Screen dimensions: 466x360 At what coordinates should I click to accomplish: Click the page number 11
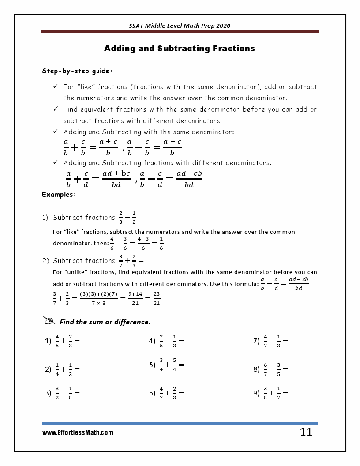(x=306, y=432)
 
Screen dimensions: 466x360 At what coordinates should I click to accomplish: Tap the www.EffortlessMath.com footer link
(x=78, y=433)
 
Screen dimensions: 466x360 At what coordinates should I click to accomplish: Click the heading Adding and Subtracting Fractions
(x=179, y=49)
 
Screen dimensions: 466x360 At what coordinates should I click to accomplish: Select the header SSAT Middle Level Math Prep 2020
(x=180, y=26)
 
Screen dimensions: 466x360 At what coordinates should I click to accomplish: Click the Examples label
(x=59, y=194)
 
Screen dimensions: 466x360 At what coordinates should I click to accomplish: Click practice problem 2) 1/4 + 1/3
(x=62, y=369)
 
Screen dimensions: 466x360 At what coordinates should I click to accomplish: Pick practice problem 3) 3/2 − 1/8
(x=62, y=393)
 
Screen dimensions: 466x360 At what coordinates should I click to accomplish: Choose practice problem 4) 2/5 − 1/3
(x=166, y=341)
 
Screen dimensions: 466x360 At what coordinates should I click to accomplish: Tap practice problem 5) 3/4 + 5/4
(x=166, y=365)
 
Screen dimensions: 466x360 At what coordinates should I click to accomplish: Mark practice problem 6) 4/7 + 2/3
(x=166, y=393)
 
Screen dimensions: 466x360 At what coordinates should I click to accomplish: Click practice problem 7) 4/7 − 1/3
(x=270, y=341)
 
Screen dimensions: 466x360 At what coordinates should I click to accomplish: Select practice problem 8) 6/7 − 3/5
(x=270, y=369)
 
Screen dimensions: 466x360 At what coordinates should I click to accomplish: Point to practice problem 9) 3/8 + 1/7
(x=270, y=393)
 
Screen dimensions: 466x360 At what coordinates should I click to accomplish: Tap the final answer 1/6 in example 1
(x=161, y=243)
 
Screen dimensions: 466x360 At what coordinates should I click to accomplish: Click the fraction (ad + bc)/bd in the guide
(x=116, y=179)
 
